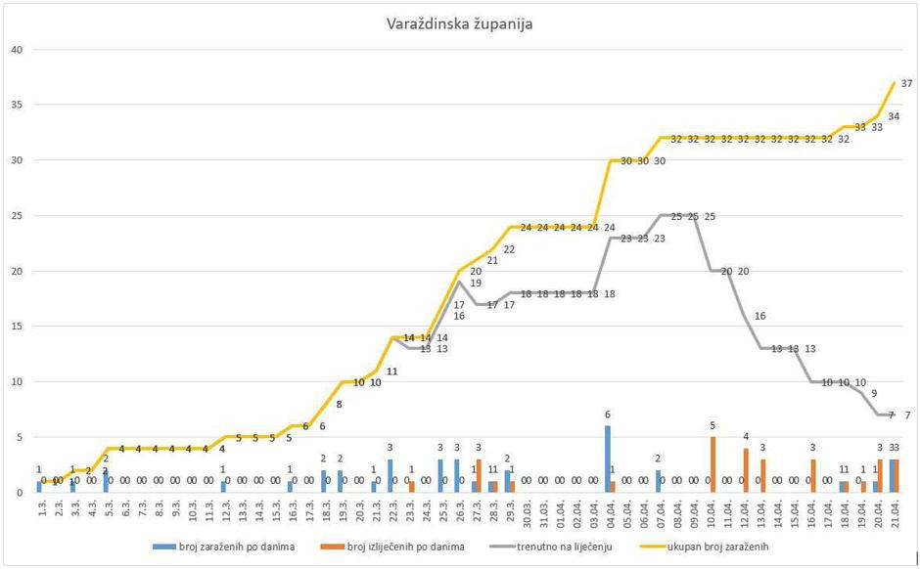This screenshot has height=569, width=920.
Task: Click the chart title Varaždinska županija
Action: (x=459, y=23)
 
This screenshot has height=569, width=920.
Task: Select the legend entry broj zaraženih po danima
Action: (x=222, y=547)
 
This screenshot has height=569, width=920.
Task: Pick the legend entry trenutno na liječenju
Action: (x=566, y=547)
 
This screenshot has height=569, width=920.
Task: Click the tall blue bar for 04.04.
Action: (x=607, y=459)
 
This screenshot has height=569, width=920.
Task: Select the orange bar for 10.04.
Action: (x=713, y=464)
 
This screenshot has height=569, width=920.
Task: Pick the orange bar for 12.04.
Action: (x=746, y=470)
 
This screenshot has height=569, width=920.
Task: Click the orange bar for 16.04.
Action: (x=812, y=475)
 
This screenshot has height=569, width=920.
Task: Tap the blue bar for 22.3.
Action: (x=390, y=475)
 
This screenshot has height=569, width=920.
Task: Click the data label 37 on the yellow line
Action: (x=906, y=83)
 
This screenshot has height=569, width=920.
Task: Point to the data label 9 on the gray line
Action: (x=873, y=393)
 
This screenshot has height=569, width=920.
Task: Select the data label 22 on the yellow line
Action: (x=509, y=249)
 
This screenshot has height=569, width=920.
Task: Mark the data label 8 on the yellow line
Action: (x=339, y=404)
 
